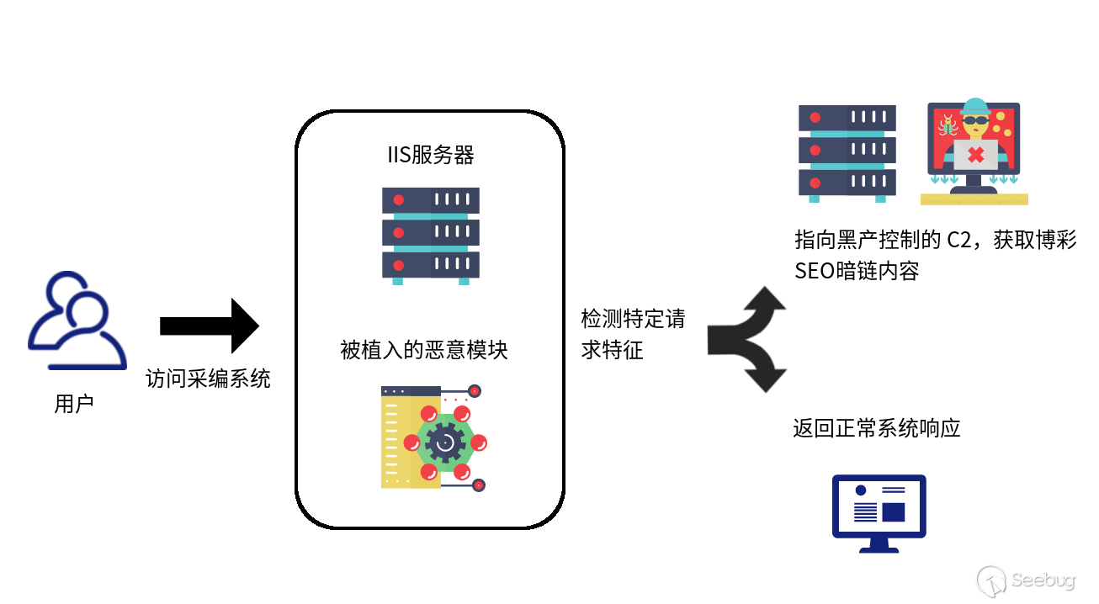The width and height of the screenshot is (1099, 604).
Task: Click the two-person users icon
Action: pos(77,321)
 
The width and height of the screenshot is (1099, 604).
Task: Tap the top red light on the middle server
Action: pos(399,200)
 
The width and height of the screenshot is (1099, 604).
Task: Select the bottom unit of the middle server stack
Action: pos(430,265)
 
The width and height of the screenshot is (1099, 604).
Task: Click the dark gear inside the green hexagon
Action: pos(445,442)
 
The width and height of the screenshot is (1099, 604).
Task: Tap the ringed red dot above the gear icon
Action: pos(475,391)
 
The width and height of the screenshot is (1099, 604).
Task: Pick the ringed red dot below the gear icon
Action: pos(478,485)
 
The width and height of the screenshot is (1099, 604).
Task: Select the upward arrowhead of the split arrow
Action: pos(765,299)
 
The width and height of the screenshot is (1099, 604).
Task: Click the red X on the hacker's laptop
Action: pos(975,155)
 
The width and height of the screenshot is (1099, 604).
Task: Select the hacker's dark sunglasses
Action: pos(975,120)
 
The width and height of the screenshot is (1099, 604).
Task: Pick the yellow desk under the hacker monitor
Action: pos(974,199)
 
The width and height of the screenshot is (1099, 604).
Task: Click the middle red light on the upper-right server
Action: pos(815,150)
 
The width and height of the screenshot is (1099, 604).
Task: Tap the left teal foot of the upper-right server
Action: pos(814,199)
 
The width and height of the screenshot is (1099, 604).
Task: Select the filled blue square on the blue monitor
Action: pos(893,512)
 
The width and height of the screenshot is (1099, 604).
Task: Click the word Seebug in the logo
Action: pos(1043,580)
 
